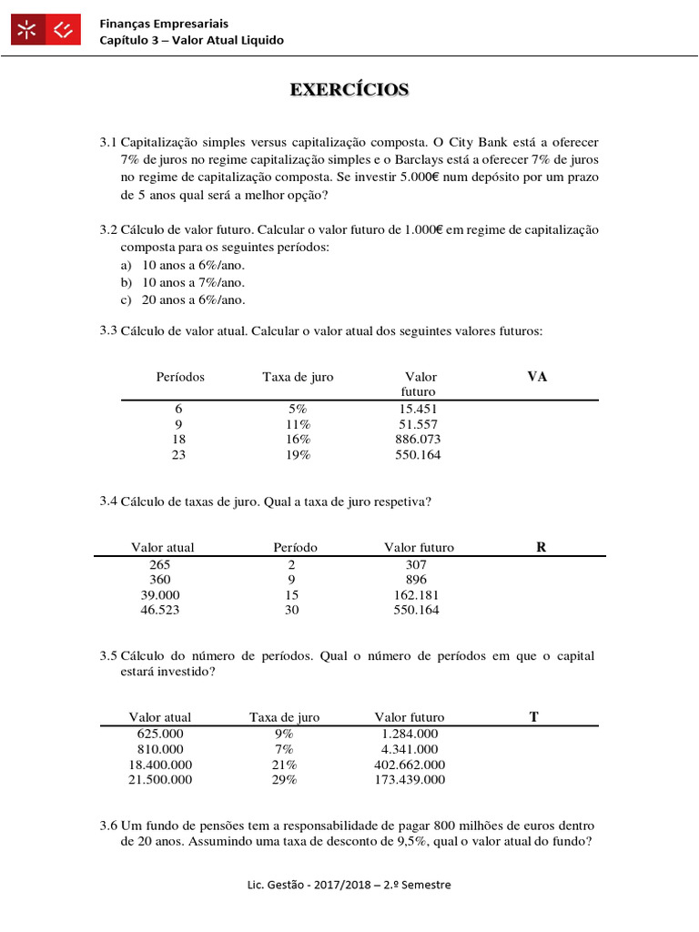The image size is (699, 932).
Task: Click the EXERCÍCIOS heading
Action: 349,89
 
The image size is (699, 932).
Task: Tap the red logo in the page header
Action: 47,32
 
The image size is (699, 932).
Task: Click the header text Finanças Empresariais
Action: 164,23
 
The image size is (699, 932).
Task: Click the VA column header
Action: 537,377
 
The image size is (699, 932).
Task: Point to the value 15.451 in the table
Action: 419,410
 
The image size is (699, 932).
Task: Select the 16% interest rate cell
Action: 298,440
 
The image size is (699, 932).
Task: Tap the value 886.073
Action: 419,440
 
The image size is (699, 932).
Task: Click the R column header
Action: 542,547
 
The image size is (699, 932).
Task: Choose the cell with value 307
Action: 416,564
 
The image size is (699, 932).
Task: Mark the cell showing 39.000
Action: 160,595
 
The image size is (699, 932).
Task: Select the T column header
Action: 534,717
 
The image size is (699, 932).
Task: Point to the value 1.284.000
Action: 410,734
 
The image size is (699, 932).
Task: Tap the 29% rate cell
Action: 284,780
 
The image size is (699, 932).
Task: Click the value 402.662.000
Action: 410,765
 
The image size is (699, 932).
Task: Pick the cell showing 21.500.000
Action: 160,780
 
